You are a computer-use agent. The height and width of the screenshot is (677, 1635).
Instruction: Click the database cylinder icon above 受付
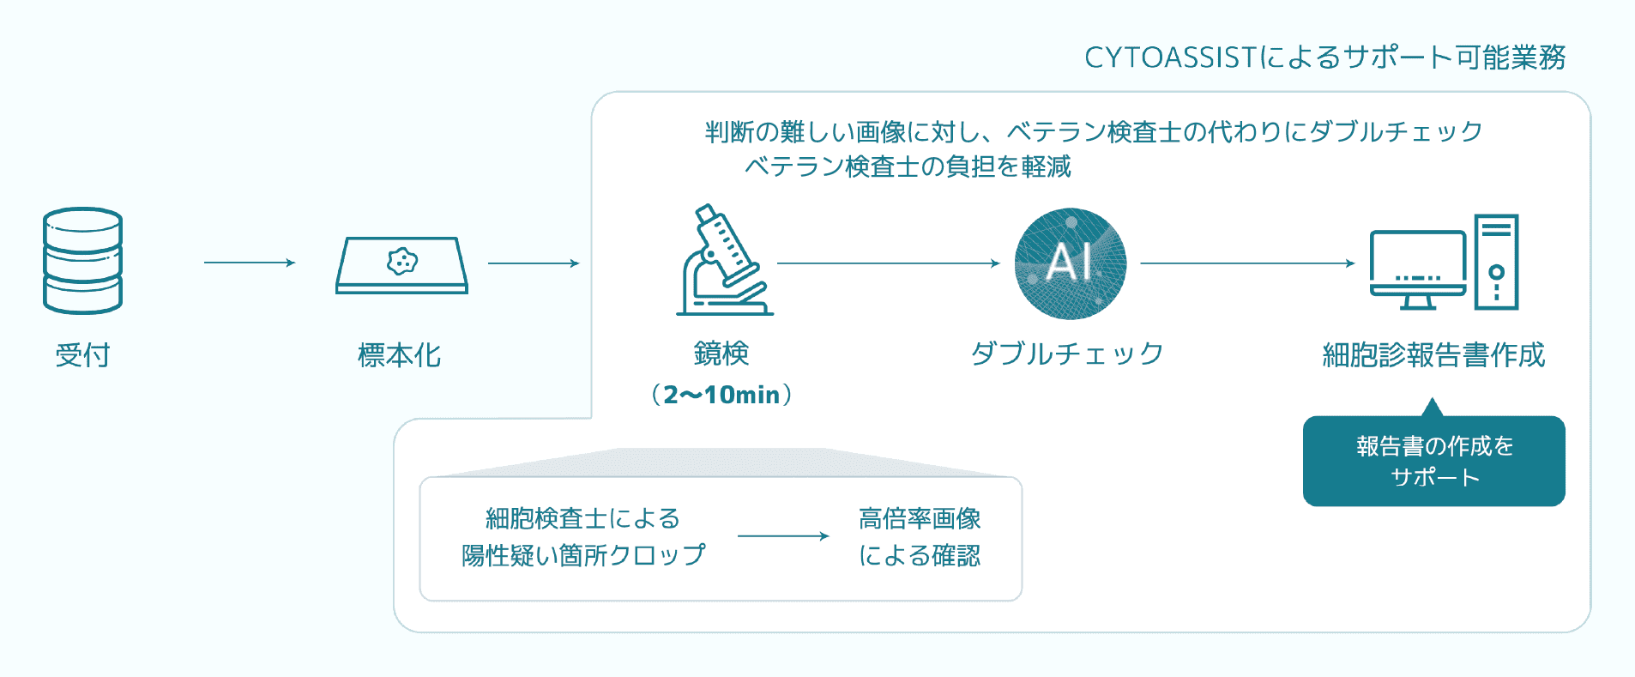[82, 261]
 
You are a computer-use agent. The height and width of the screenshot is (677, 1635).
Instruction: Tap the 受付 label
[82, 355]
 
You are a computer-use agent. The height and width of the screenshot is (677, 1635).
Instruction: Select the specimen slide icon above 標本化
[401, 265]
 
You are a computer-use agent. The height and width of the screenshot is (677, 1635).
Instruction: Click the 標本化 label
[400, 355]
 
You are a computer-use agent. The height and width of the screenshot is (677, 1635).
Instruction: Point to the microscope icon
[725, 260]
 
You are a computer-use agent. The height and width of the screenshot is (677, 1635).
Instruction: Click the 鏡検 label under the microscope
[721, 354]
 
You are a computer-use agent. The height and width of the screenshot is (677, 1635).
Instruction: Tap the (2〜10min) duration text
[721, 395]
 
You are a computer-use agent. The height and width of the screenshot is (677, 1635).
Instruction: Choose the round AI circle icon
[1070, 263]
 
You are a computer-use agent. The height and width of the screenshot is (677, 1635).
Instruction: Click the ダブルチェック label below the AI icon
[1067, 354]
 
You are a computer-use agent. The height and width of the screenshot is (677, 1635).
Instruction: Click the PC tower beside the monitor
[1497, 262]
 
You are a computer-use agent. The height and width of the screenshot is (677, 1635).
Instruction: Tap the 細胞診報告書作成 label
[1434, 355]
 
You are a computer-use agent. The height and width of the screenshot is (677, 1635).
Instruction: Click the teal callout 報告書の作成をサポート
[1434, 461]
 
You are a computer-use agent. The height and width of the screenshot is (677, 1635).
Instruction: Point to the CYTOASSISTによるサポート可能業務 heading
[1325, 57]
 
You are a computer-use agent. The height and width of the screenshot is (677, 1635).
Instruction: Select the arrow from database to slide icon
[250, 263]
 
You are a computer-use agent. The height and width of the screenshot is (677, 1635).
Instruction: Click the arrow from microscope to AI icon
[889, 263]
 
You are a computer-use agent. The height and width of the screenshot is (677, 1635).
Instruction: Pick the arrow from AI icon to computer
[1248, 263]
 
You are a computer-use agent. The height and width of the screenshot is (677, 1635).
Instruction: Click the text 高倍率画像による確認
[920, 537]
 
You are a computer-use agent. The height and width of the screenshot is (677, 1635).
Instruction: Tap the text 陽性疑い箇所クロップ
[583, 556]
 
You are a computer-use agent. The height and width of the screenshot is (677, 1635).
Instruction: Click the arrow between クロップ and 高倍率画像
[783, 536]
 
